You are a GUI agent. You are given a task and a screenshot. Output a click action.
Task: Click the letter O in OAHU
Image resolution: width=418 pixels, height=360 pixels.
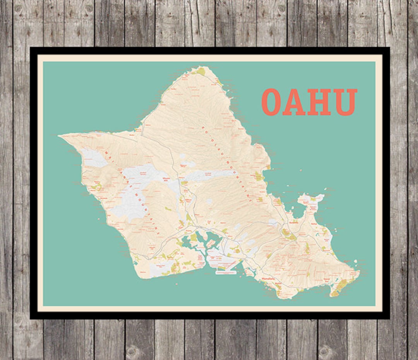(x=271, y=102)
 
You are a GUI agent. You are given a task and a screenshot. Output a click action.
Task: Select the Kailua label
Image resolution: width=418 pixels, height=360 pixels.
(x=313, y=223)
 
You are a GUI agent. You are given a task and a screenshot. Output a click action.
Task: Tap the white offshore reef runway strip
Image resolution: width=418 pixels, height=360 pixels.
(x=225, y=273)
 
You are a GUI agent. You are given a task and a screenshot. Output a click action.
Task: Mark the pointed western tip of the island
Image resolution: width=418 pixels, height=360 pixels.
(x=60, y=136)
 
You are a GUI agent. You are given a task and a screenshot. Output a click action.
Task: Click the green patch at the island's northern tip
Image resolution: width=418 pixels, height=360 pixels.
(x=201, y=71)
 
